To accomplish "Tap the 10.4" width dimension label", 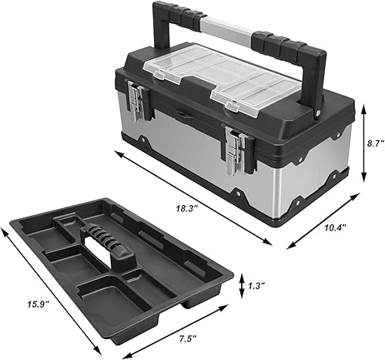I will (335, 229).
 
